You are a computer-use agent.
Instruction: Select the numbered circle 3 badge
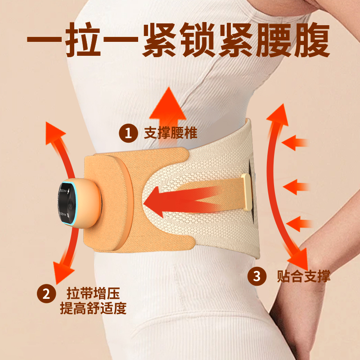coord(257,275)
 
